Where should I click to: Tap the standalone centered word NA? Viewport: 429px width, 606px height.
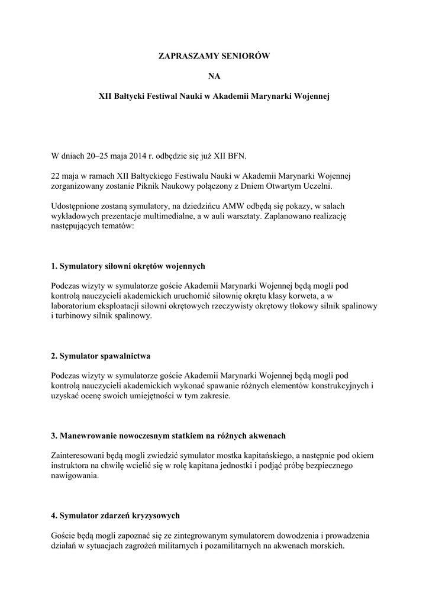coord(214,76)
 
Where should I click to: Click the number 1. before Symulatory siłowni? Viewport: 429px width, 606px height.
coord(54,266)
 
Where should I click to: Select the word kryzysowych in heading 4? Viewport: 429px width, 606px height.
coord(153,515)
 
